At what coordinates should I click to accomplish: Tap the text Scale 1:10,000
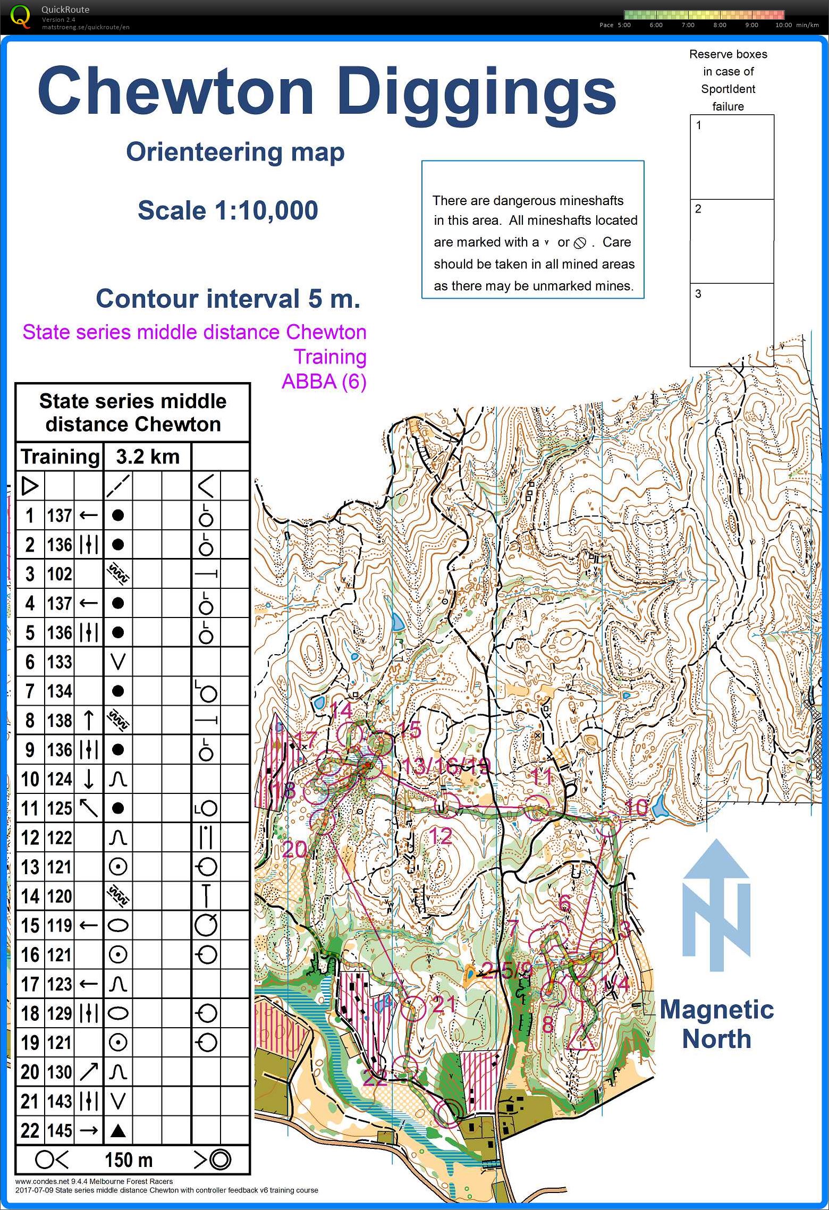pos(228,210)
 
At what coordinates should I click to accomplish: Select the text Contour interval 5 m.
pos(228,299)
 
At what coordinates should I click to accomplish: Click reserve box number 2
pos(732,241)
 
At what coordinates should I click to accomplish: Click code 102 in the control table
pos(60,574)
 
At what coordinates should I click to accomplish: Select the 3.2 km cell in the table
pos(147,456)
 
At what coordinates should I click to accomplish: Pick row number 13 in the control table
pos(30,867)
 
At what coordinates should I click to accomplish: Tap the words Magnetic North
pos(716,1023)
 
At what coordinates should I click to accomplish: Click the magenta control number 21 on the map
pos(444,1004)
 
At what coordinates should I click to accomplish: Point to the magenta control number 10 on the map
pos(636,807)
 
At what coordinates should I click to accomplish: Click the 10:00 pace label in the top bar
pos(783,25)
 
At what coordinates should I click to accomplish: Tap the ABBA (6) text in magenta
pos(324,382)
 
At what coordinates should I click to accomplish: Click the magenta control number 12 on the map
pos(440,836)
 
